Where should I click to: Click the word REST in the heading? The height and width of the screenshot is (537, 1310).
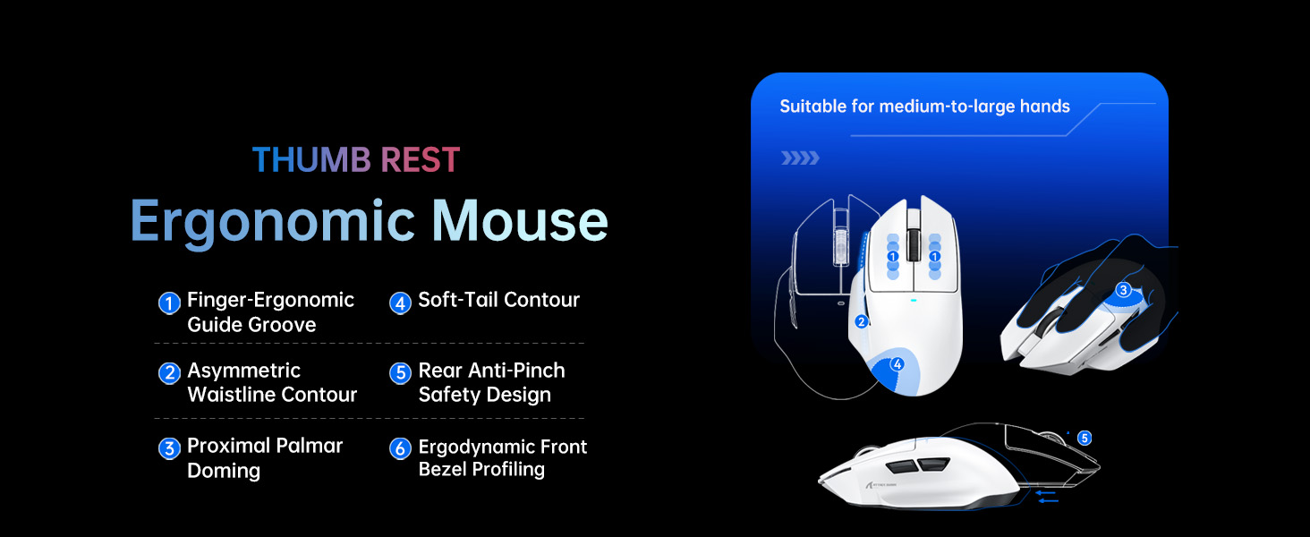point(420,160)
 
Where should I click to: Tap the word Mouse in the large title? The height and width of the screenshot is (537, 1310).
point(520,220)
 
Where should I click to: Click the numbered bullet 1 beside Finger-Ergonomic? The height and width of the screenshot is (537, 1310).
point(169,303)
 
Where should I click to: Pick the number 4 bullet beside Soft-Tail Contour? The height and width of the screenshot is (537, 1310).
point(400,303)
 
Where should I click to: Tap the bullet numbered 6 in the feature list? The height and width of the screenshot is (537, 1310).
point(401,449)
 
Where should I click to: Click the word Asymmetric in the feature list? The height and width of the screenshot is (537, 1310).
point(243,371)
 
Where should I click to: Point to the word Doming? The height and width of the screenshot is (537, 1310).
point(224,471)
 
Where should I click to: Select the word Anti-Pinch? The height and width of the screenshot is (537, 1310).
point(522,371)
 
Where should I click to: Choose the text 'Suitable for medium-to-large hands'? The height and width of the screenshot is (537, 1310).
point(924,107)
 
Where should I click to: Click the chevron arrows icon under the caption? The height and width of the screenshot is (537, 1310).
point(799,158)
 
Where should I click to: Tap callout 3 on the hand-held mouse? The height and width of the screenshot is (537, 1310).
point(1124,290)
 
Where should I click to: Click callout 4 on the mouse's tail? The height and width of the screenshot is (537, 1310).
point(897,364)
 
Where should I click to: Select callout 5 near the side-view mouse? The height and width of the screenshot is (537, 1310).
point(1085,439)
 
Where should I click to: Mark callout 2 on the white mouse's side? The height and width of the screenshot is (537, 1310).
point(862,321)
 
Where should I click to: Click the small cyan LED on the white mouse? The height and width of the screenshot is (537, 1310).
point(913,300)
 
